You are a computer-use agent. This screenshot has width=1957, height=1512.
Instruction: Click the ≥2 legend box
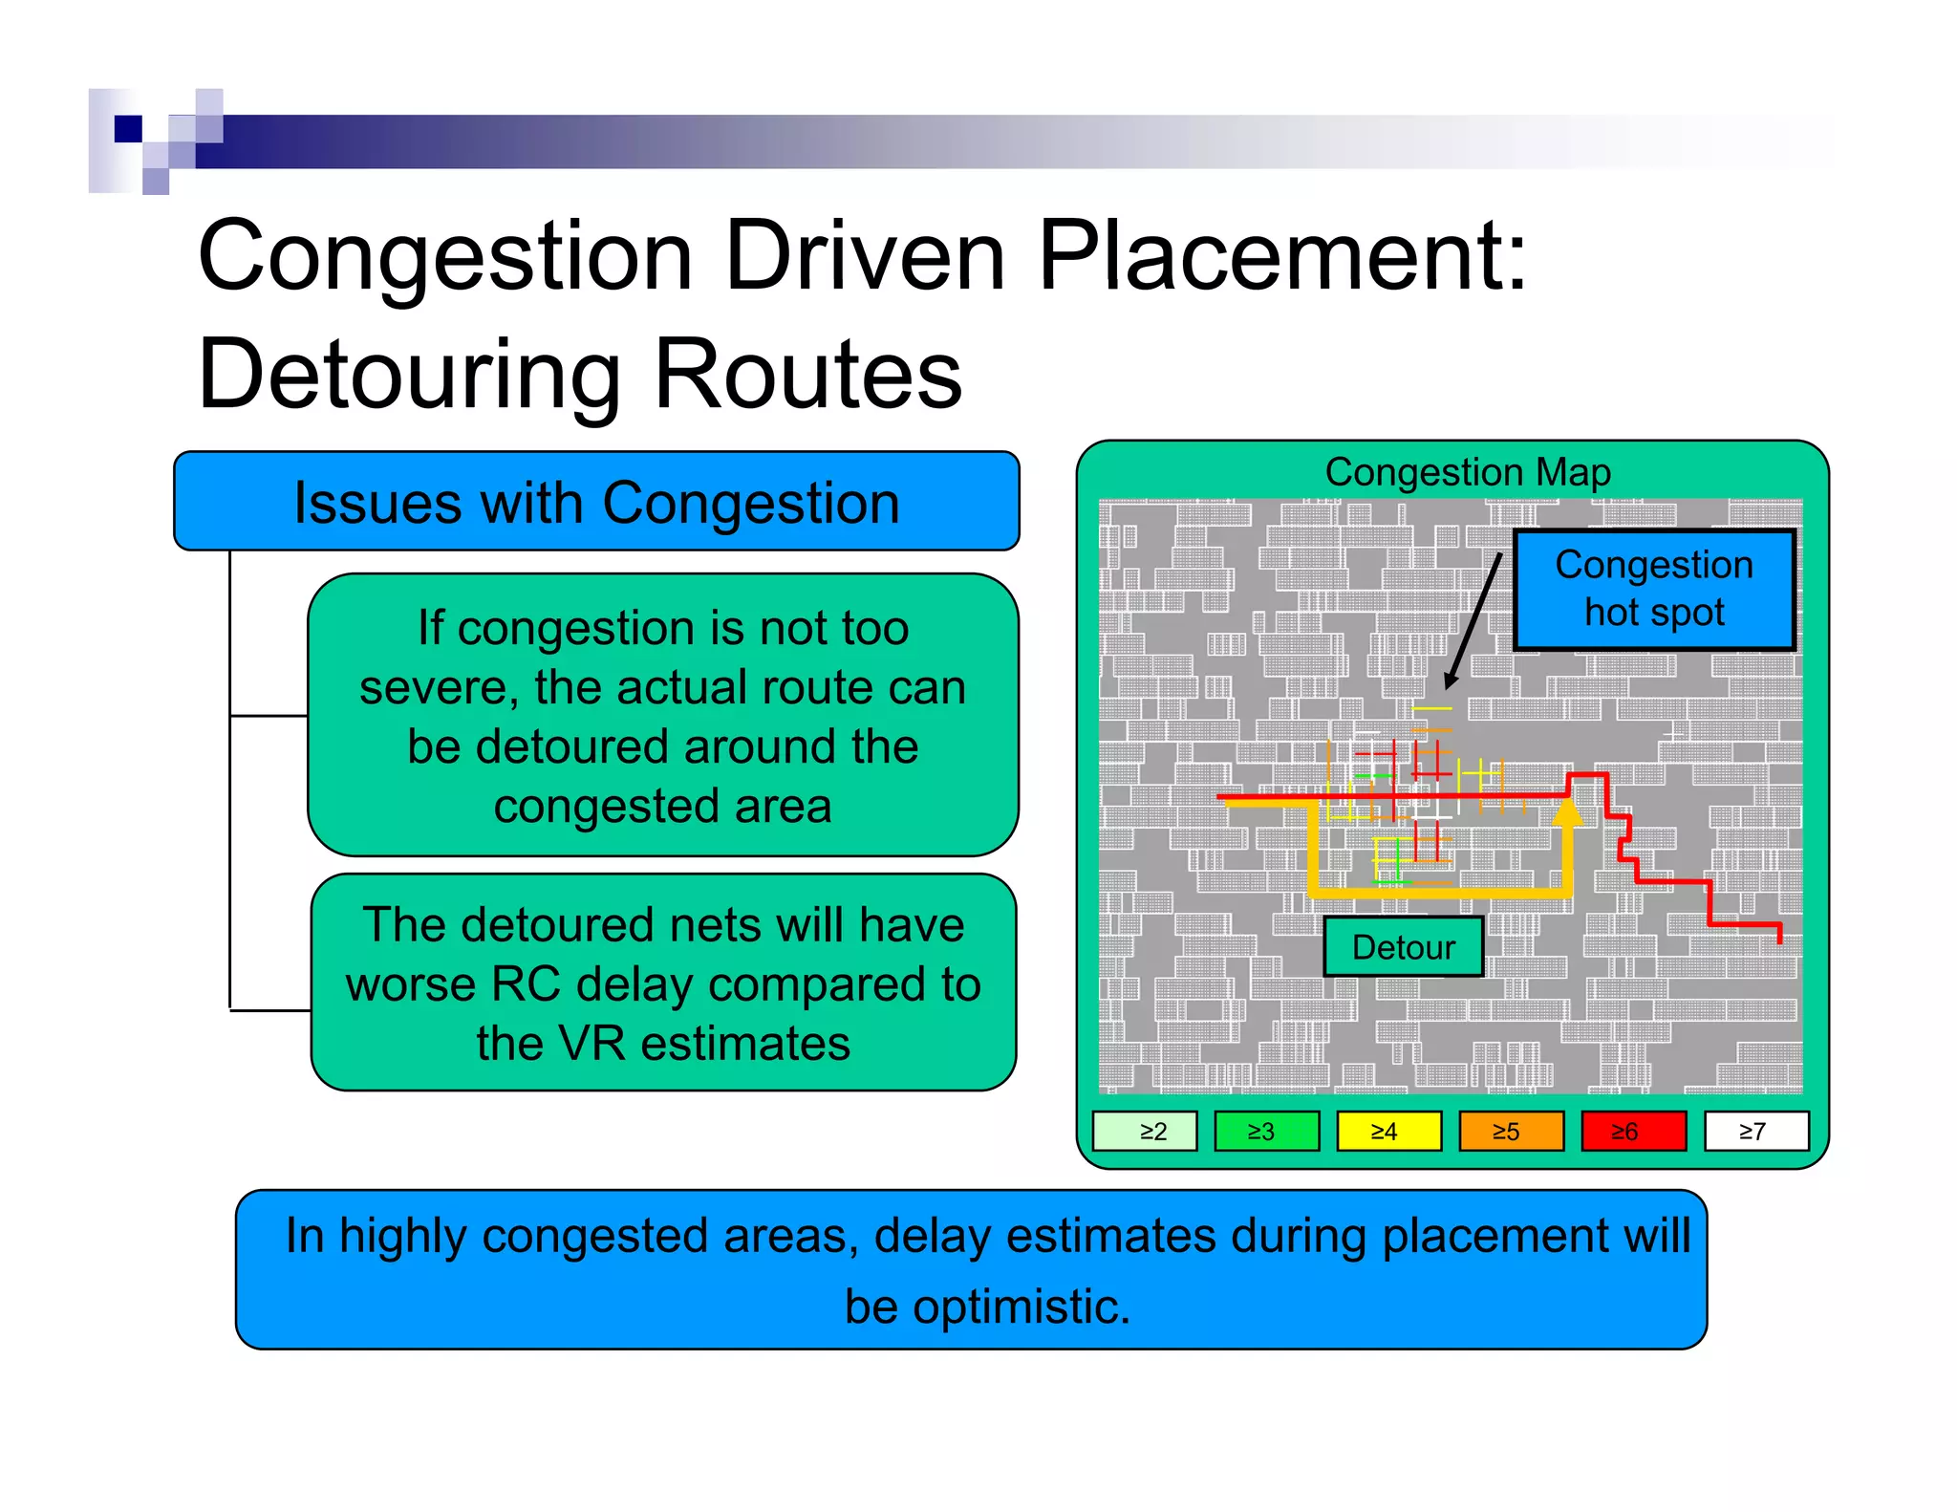click(1144, 1132)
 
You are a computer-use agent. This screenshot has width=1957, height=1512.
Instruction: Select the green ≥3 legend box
click(1266, 1132)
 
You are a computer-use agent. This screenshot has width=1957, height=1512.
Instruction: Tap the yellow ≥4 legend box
click(1388, 1132)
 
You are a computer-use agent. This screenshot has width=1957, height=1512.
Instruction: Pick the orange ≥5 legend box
click(1511, 1132)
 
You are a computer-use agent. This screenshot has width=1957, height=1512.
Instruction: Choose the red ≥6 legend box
click(1633, 1132)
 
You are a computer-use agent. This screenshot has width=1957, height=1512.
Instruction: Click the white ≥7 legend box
click(1756, 1132)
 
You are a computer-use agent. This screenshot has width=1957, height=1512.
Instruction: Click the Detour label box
click(1403, 947)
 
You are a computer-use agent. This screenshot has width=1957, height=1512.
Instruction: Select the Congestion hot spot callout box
click(1654, 590)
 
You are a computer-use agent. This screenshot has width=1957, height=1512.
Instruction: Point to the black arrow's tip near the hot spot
click(1448, 686)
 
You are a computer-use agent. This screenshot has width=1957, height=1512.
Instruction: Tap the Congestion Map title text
click(1468, 473)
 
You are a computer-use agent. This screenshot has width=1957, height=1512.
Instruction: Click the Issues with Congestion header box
click(596, 502)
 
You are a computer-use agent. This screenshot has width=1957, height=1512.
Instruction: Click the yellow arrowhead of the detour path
click(1567, 812)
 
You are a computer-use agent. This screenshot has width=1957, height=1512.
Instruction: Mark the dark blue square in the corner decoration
click(128, 128)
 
